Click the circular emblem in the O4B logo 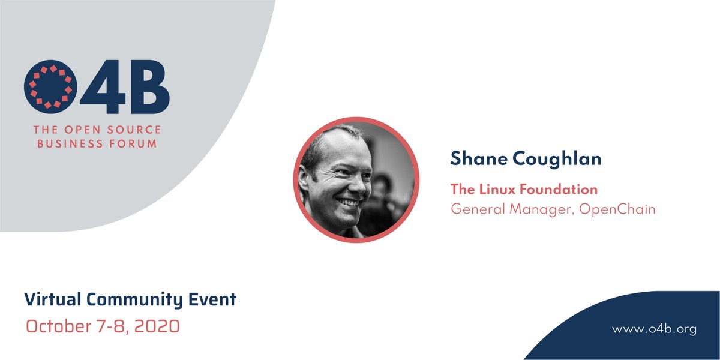(50, 87)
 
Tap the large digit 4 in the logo (103, 87)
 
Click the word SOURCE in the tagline (134, 130)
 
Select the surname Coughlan (557, 159)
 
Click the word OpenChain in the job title (617, 209)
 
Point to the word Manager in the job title (542, 210)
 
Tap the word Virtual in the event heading (53, 299)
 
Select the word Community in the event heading (134, 300)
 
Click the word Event (212, 299)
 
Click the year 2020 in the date (157, 326)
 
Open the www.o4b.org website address (654, 329)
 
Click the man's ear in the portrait (304, 180)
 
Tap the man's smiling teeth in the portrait (349, 203)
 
